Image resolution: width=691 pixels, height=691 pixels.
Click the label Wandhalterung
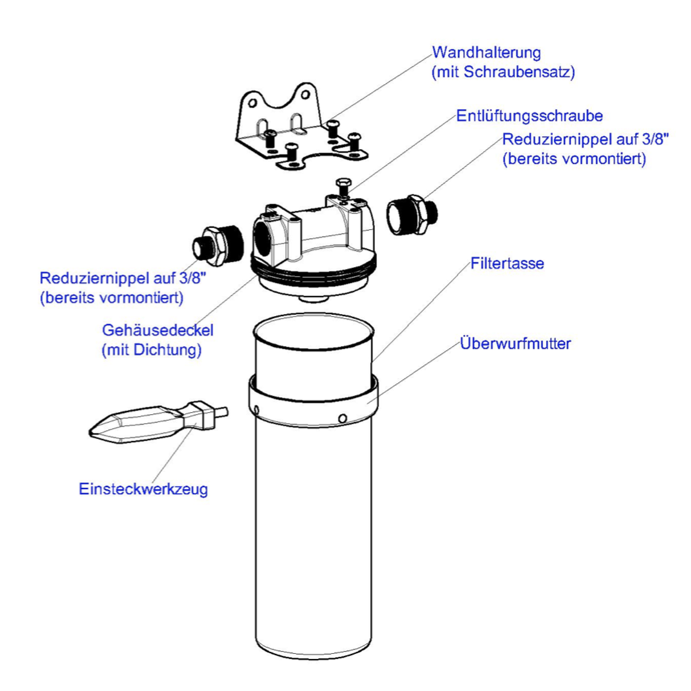[x=485, y=51]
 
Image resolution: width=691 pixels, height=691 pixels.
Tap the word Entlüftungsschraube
[x=529, y=116]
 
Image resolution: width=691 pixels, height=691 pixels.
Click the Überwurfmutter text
[x=515, y=344]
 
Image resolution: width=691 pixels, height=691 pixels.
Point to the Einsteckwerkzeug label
[x=143, y=489]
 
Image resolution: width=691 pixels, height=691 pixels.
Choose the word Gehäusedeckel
[x=157, y=330]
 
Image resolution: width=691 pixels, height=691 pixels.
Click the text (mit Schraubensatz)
[x=503, y=72]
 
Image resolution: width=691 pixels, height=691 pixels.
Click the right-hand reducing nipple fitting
[x=412, y=215]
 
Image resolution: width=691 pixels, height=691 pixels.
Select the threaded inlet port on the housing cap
[x=264, y=235]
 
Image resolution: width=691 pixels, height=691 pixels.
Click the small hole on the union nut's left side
[x=256, y=409]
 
